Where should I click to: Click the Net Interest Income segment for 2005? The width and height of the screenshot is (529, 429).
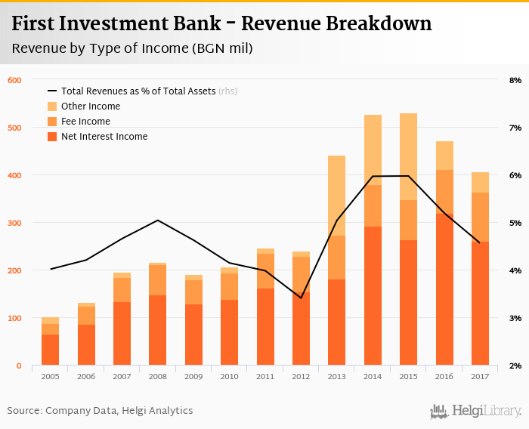(x=50, y=350)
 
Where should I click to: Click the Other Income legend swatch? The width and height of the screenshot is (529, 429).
(x=52, y=106)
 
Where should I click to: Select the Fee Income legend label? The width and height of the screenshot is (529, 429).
(x=85, y=122)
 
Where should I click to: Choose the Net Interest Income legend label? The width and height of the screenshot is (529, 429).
(x=104, y=137)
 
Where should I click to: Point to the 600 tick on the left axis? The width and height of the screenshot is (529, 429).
(x=14, y=80)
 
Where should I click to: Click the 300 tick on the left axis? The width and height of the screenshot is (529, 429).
(x=14, y=223)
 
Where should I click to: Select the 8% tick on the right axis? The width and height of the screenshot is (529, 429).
(x=515, y=80)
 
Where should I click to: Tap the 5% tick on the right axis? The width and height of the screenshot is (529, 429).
(x=515, y=223)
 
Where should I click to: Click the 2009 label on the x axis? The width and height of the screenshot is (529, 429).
(x=193, y=376)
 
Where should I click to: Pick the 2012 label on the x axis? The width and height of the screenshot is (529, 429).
(x=301, y=376)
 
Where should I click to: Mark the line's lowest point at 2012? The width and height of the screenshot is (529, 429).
(x=301, y=298)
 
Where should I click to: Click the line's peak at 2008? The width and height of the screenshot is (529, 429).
(x=157, y=221)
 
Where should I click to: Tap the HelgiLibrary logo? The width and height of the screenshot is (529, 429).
(x=476, y=411)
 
